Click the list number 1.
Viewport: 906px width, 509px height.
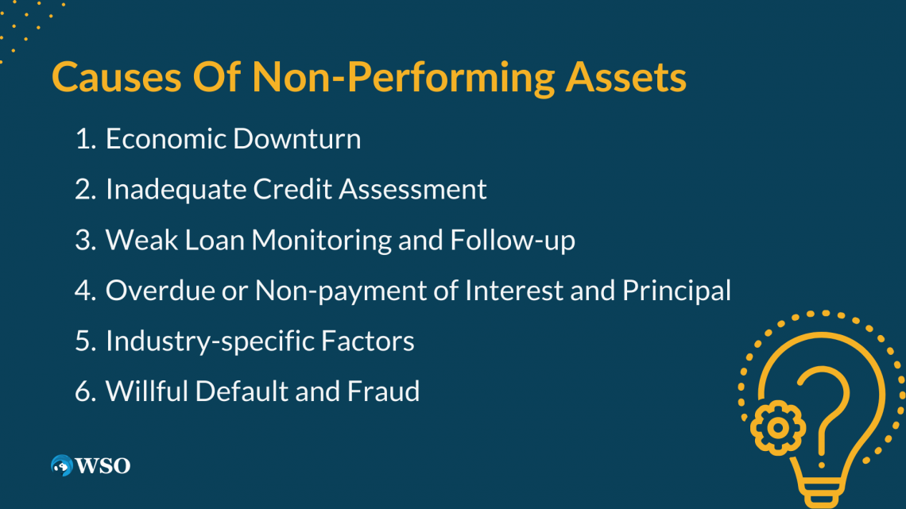84,139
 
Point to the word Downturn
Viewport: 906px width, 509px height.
296,139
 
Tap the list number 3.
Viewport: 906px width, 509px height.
84,240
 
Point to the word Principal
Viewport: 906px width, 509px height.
676,291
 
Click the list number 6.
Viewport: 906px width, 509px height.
84,391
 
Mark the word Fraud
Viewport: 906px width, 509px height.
384,391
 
